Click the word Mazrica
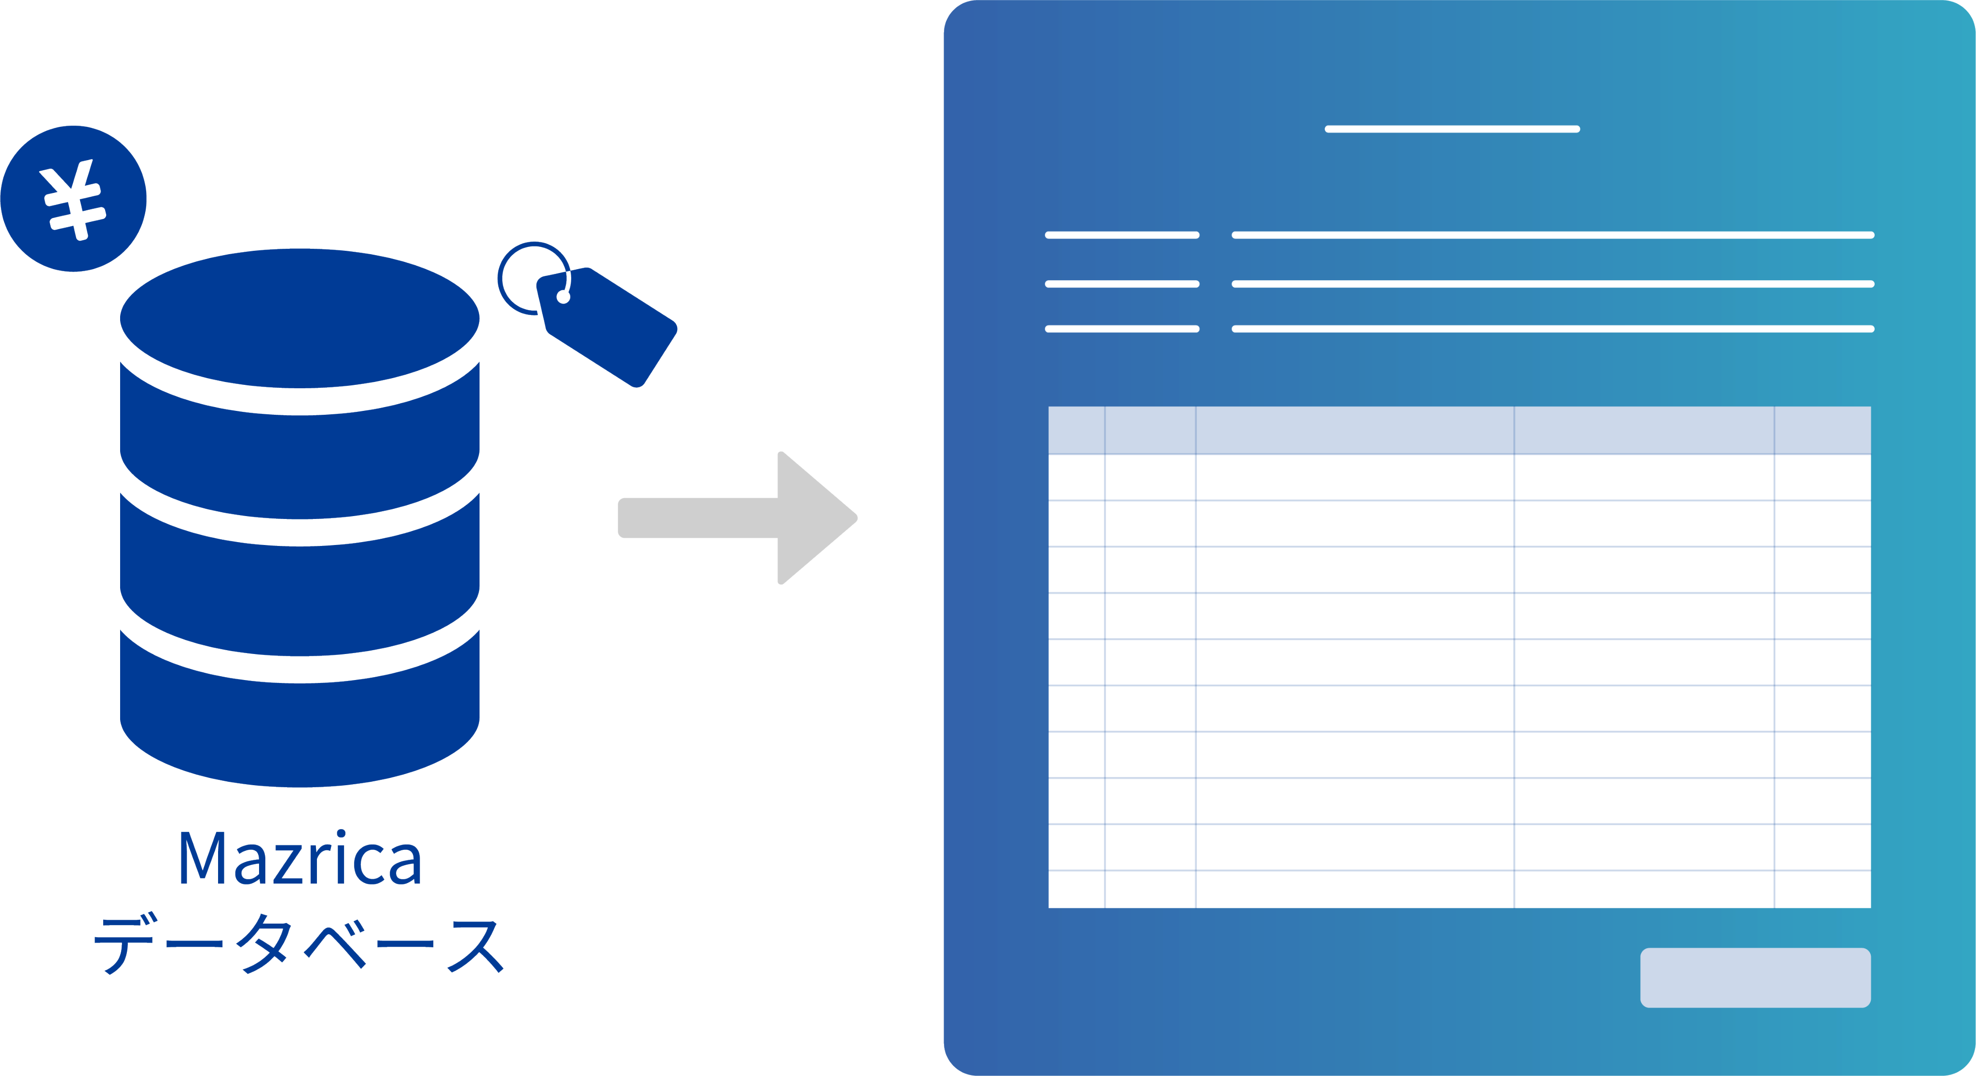(x=300, y=858)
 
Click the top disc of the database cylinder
(x=300, y=317)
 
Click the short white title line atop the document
(x=1452, y=129)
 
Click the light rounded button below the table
(x=1755, y=977)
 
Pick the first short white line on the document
(x=1122, y=235)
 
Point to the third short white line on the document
(x=1122, y=329)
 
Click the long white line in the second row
(x=1552, y=284)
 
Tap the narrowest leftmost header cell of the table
(x=1076, y=430)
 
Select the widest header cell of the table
(x=1355, y=430)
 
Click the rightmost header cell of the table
(x=1823, y=430)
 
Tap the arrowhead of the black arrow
(x=813, y=518)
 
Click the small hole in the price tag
(x=563, y=297)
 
